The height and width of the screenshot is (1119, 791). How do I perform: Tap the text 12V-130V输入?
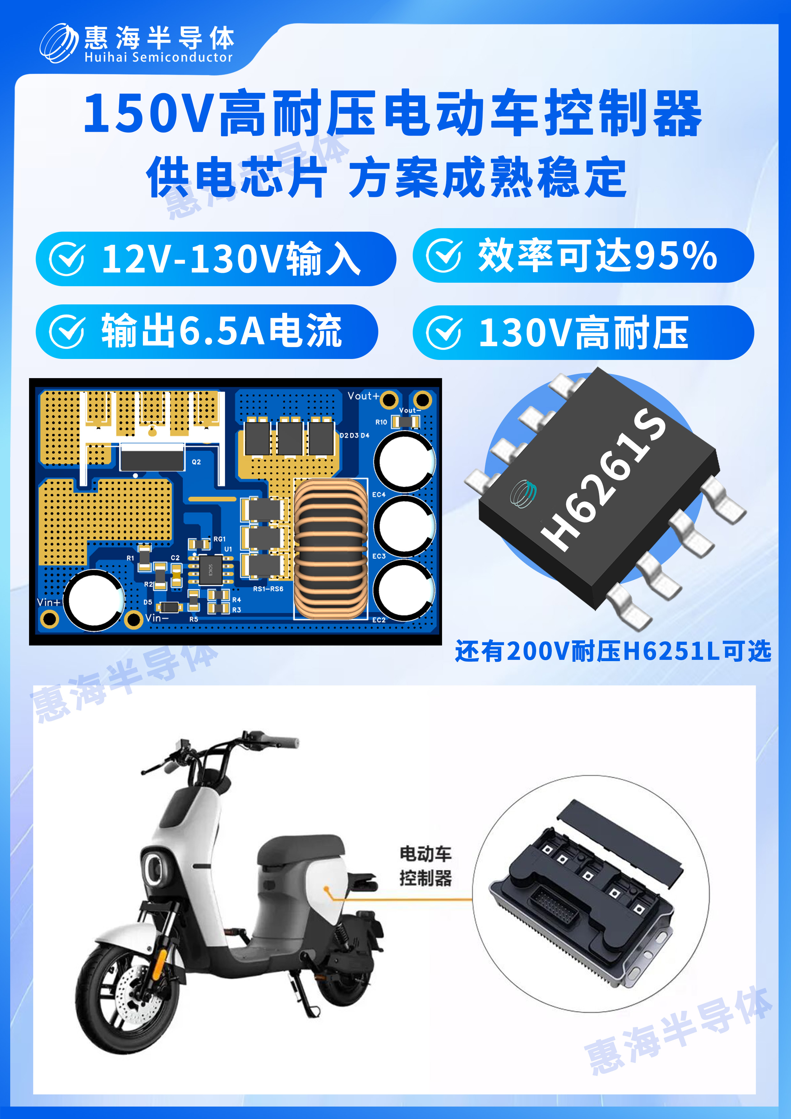[231, 259]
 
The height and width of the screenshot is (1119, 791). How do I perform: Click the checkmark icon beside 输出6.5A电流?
[67, 332]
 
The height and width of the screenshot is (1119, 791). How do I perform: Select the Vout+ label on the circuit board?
[363, 396]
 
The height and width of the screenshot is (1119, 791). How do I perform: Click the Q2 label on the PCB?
[196, 462]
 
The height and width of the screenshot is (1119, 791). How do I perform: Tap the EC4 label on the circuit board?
[379, 495]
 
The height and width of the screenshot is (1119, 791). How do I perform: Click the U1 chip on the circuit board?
[211, 569]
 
